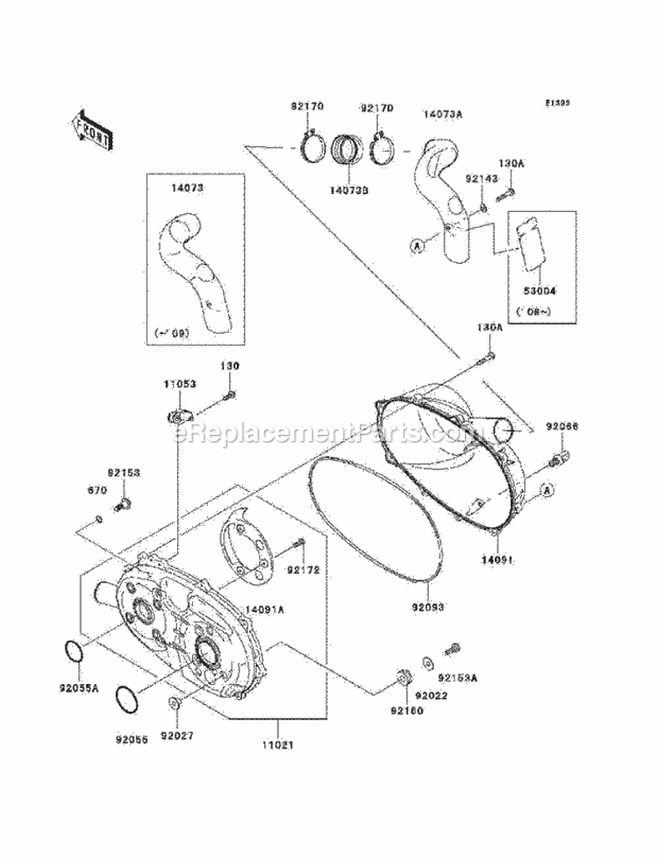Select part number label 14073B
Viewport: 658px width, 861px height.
349,188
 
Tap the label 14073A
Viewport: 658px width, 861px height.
444,114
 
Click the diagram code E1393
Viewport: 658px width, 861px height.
557,103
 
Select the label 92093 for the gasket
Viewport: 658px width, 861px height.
426,606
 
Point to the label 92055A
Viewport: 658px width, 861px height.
81,689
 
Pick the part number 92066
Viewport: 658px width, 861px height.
561,426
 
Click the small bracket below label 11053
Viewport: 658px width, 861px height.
177,409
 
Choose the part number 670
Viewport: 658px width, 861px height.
96,490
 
